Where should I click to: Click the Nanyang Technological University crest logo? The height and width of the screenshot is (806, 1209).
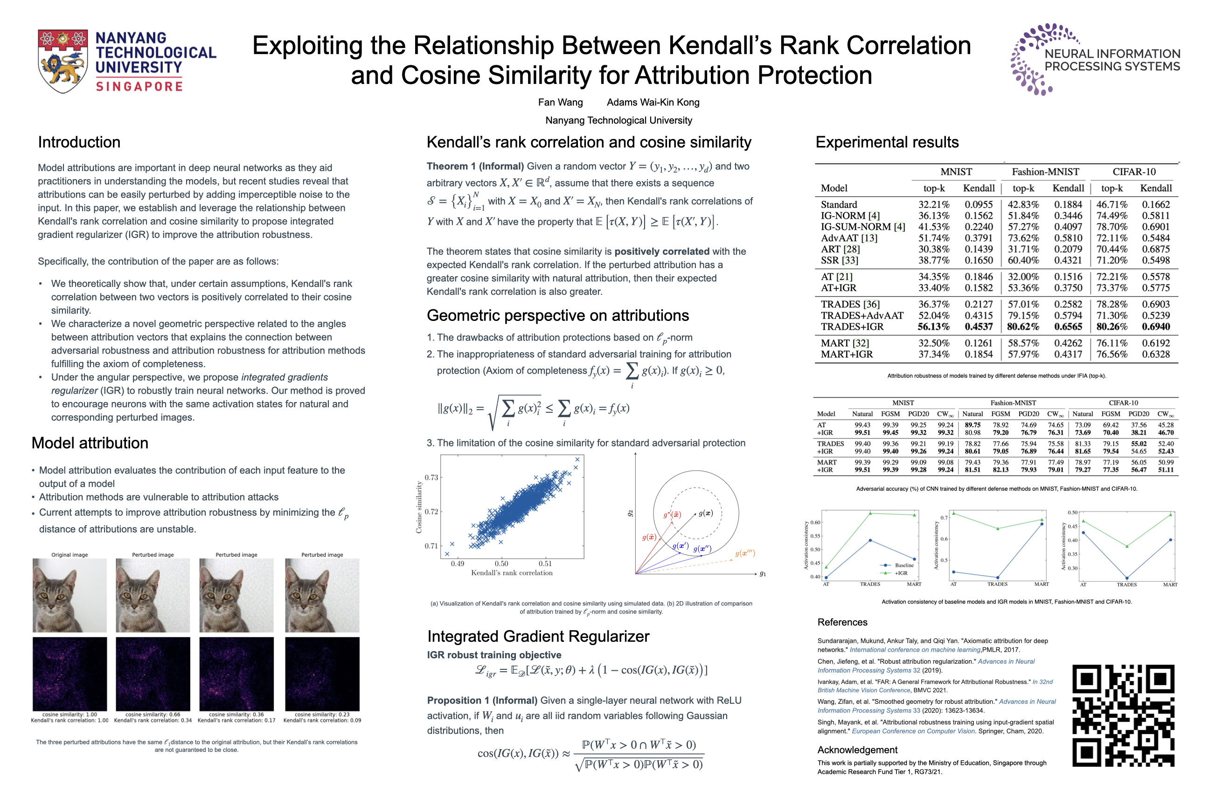[62, 61]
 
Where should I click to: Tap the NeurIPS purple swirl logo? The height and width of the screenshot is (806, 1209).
[1033, 59]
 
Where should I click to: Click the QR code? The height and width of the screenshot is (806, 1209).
[1123, 716]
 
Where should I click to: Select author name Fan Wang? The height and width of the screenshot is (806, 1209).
[560, 102]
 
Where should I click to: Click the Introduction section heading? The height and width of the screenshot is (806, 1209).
[79, 142]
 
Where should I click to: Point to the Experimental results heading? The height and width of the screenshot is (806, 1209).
[887, 142]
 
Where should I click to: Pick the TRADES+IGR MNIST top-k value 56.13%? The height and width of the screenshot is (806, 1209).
[933, 327]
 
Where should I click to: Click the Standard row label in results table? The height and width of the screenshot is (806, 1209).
[839, 205]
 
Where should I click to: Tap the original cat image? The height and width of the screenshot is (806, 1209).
[70, 595]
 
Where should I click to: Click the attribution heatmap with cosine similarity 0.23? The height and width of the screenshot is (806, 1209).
[322, 674]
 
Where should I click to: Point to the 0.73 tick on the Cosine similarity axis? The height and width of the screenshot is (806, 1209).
[431, 478]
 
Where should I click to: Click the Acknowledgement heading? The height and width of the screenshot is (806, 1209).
[857, 750]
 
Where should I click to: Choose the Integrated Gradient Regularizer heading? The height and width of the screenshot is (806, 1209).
[538, 636]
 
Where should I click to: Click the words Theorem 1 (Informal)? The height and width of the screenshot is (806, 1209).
[475, 167]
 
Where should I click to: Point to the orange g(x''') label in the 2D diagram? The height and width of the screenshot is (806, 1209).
[745, 554]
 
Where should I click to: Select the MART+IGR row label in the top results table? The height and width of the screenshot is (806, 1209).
[847, 354]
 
